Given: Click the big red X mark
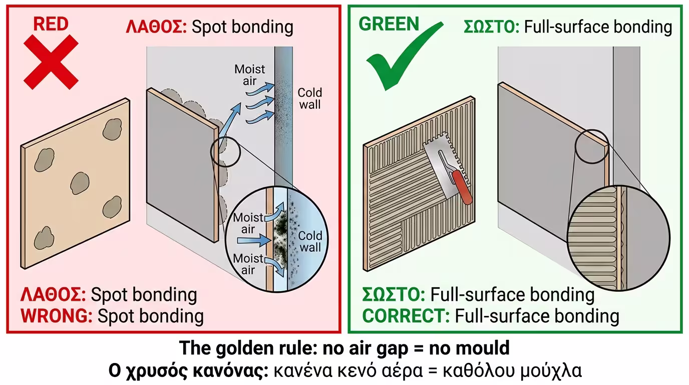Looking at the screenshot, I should [51, 62].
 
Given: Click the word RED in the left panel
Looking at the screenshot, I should [51, 24].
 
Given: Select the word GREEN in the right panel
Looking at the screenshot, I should [389, 24].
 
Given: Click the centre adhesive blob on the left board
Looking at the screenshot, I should [79, 183].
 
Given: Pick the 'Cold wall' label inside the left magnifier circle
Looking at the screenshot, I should [310, 242].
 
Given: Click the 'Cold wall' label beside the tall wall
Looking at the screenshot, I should [309, 98].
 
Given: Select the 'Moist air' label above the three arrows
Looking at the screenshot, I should [249, 75].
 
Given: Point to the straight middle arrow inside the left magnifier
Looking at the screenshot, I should [253, 241].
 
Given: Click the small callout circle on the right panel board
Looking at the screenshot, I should [591, 146].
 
